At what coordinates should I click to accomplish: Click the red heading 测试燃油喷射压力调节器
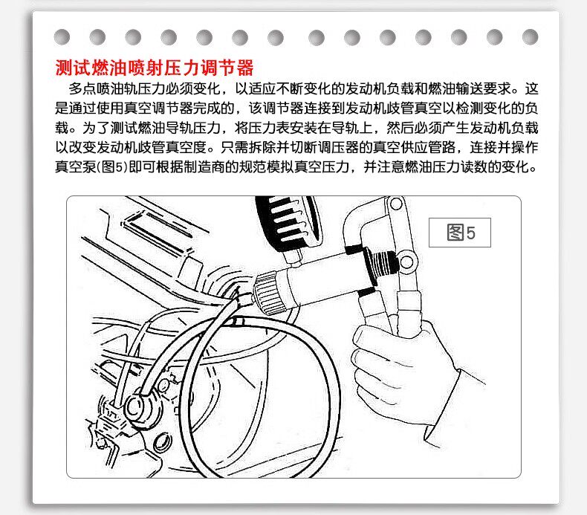tap(155, 68)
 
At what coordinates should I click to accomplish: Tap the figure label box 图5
tap(460, 233)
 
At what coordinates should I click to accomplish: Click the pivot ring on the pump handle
tap(407, 261)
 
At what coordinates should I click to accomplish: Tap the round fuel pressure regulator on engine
tap(137, 407)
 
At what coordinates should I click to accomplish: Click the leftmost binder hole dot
tap(62, 37)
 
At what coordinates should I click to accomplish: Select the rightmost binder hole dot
tap(530, 37)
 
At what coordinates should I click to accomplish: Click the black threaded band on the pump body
tap(381, 264)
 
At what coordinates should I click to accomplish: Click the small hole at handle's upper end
tap(396, 204)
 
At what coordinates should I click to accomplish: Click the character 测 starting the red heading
tap(65, 68)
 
